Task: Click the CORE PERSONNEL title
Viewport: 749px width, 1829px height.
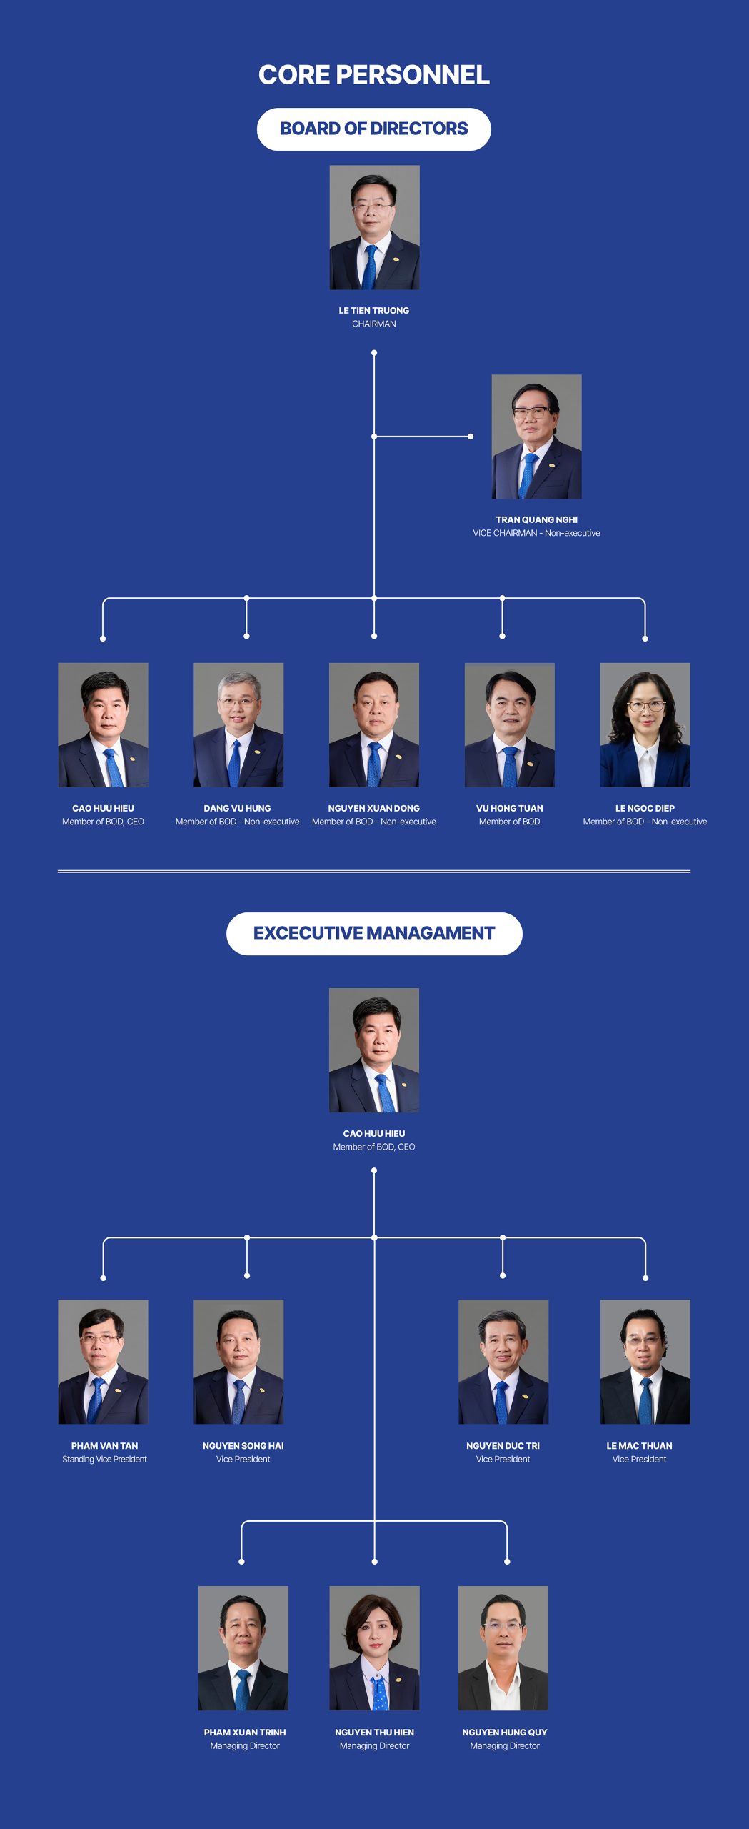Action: pyautogui.click(x=374, y=75)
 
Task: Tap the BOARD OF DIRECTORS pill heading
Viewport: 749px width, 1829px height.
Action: pyautogui.click(x=374, y=129)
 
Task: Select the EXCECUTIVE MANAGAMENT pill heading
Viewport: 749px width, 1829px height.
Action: pyautogui.click(x=374, y=933)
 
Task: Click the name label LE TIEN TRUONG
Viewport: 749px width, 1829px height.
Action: pyautogui.click(x=374, y=311)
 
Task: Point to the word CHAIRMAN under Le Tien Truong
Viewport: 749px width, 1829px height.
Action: pyautogui.click(x=374, y=324)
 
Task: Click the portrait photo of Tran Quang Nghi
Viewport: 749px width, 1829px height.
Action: pyautogui.click(x=536, y=437)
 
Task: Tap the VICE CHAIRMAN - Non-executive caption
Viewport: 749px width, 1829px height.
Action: pyautogui.click(x=536, y=533)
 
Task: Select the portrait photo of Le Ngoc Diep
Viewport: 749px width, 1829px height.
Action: pyautogui.click(x=645, y=725)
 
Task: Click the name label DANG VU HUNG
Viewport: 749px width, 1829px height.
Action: pyautogui.click(x=238, y=809)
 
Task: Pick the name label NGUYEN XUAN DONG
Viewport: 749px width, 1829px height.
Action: pyautogui.click(x=374, y=809)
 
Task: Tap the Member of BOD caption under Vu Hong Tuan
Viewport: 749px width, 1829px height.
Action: pyautogui.click(x=509, y=822)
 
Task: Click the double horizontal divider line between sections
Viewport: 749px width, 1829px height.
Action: pyautogui.click(x=374, y=872)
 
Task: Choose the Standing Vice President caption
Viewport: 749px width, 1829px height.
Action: pyautogui.click(x=104, y=1460)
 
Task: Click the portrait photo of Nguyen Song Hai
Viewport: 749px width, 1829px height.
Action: pyautogui.click(x=238, y=1362)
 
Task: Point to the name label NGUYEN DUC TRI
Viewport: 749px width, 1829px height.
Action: pyautogui.click(x=503, y=1446)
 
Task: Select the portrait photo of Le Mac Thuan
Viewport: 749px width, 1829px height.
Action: pyautogui.click(x=645, y=1362)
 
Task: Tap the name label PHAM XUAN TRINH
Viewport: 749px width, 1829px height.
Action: pyautogui.click(x=245, y=1733)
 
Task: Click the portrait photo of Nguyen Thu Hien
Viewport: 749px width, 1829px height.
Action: pyautogui.click(x=374, y=1648)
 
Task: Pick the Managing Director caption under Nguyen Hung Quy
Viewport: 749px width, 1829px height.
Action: pyautogui.click(x=505, y=1746)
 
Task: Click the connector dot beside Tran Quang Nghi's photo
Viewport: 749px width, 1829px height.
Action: pyautogui.click(x=471, y=437)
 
